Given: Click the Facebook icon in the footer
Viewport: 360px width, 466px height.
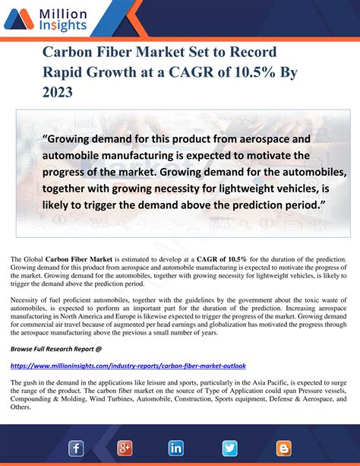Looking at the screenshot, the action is [76, 449].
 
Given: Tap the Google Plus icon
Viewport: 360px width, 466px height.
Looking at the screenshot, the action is [126, 449].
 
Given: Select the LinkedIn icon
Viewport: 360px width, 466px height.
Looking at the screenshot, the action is [176, 449].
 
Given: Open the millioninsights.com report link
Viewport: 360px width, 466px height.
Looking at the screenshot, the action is [128, 366].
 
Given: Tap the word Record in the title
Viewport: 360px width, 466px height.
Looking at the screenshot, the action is [250, 53].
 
